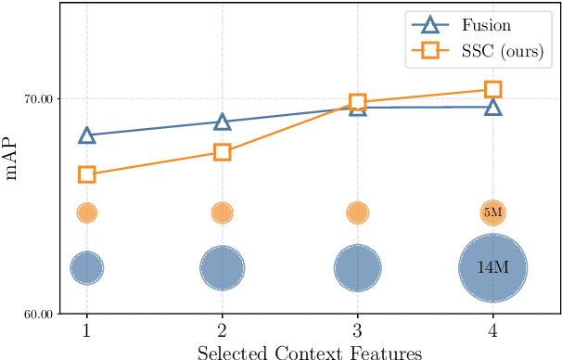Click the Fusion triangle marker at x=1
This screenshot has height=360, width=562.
coord(86,135)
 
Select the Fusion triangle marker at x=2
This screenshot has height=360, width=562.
coord(222,122)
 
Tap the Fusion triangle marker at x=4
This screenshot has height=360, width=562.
coord(493,107)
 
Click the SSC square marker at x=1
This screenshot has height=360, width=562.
coord(86,174)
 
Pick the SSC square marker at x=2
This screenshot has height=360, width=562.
coord(222,152)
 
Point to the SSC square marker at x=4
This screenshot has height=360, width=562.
coord(493,89)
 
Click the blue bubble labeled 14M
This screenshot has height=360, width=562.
coord(493,268)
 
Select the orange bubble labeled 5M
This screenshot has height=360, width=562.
coord(493,212)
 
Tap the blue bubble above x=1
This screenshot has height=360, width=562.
coord(86,268)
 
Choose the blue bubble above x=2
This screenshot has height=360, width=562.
coord(222,268)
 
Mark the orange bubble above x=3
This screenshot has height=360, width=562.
coord(357,212)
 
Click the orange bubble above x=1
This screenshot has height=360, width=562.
coord(86,212)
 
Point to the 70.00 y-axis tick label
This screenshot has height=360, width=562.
coord(39,98)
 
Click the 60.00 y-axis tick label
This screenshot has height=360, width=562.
coord(39,314)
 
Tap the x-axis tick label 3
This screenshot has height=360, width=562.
coord(357,330)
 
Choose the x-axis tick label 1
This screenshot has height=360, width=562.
coord(86,330)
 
